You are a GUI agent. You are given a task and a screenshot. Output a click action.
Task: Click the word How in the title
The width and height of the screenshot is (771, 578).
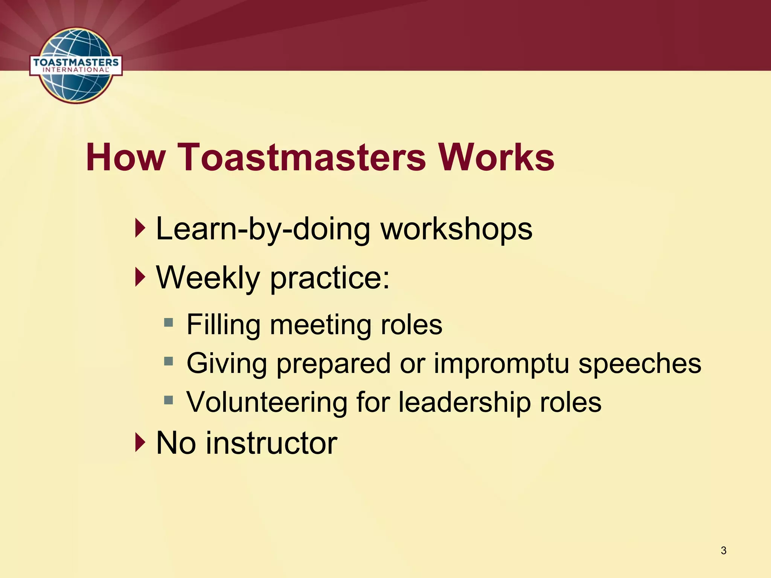click(x=126, y=157)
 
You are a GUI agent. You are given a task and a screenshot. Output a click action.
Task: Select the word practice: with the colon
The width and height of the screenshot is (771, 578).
click(x=330, y=278)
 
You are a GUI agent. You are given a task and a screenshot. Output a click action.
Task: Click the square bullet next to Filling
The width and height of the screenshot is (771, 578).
click(x=168, y=322)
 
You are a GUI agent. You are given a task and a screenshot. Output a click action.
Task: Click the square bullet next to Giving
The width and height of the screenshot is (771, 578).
click(x=168, y=362)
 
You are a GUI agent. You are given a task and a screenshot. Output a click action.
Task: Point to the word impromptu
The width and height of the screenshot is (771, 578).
click(x=501, y=364)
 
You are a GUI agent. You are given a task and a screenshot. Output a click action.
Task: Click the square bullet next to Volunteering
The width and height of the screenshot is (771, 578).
click(x=168, y=400)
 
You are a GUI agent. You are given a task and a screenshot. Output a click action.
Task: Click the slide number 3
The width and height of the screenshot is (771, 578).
click(x=723, y=551)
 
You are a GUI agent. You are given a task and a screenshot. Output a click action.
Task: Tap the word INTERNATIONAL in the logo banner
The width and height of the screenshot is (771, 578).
click(x=75, y=70)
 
